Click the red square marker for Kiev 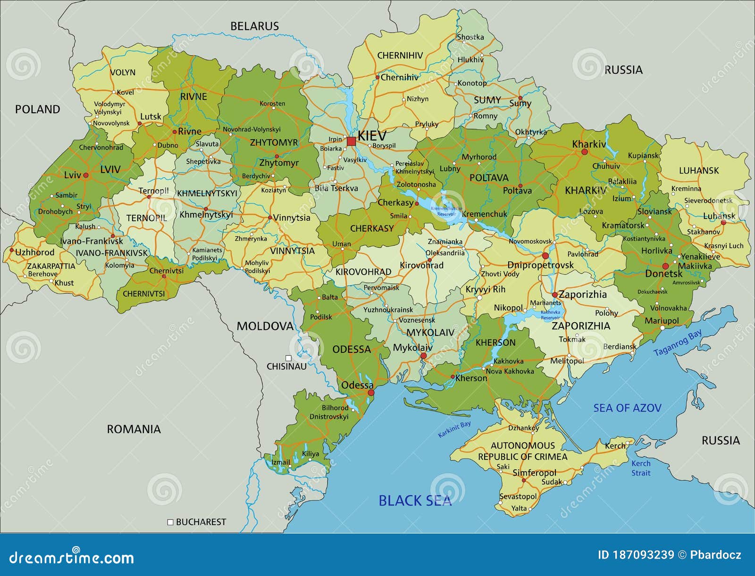coord(351,141)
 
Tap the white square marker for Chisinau coord(288,358)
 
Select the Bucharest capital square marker coord(171,522)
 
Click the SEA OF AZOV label coord(627,408)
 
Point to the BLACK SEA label coord(415,501)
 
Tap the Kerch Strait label coord(641,468)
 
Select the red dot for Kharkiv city coord(585,152)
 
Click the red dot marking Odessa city coord(371,392)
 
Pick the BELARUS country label coord(254,26)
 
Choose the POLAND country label coord(38,109)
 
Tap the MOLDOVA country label coord(265,326)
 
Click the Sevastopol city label coord(518,496)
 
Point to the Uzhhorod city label coord(35,252)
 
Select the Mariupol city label coord(662,321)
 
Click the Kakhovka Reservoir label coord(550,315)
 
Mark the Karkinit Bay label coord(454,430)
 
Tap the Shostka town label coord(470,37)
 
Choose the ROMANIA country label coord(134,429)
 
